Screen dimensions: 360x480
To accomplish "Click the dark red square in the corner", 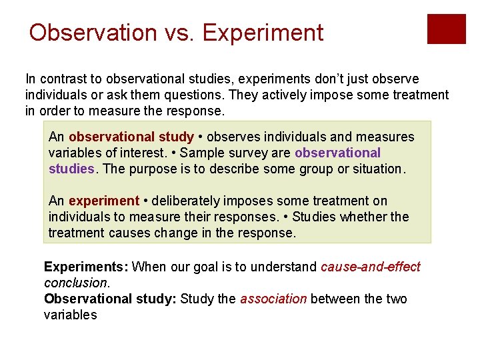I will [x=446, y=29].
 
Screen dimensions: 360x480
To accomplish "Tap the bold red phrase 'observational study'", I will [x=131, y=137].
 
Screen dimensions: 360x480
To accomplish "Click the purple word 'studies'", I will [x=71, y=169].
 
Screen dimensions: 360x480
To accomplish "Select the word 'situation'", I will [x=379, y=169].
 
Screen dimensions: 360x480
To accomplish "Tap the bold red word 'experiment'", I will [x=104, y=201].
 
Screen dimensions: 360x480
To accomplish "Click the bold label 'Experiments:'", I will [x=86, y=267].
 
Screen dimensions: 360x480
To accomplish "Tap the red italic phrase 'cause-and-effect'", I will [x=370, y=267].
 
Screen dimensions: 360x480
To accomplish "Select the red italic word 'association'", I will [x=273, y=299].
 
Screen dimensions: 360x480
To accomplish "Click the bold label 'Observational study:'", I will [x=110, y=299].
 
